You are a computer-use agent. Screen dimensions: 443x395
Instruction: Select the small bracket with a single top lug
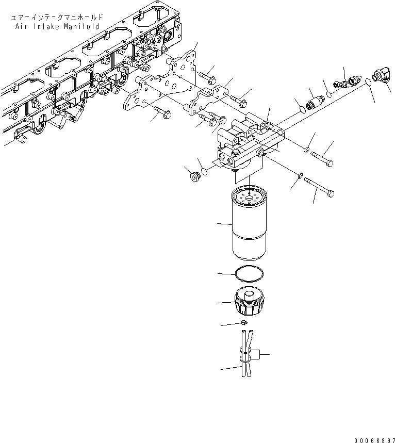coord(208,101)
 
